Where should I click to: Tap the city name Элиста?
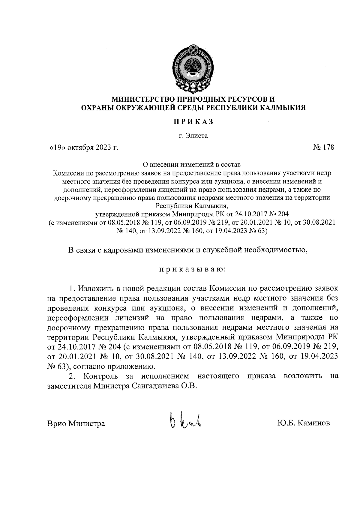(x=196, y=136)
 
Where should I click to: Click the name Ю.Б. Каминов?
(x=303, y=423)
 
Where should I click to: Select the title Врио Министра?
(x=76, y=424)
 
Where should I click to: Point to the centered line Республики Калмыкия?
(x=192, y=206)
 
